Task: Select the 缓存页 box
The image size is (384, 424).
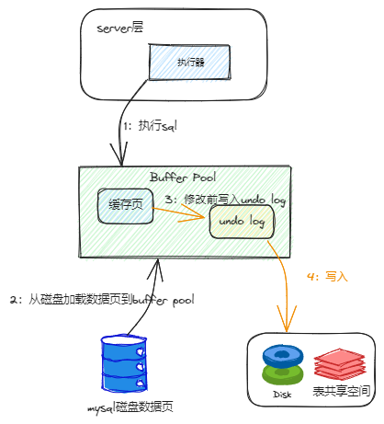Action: [x=125, y=206]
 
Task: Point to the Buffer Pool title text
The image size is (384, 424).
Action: [x=182, y=177]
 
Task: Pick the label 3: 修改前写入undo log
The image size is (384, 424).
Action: [x=225, y=200]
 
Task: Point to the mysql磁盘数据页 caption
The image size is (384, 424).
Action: [x=130, y=407]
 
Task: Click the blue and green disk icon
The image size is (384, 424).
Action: [x=282, y=365]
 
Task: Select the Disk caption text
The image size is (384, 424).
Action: [x=282, y=394]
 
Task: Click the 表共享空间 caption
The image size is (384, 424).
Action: [x=343, y=393]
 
